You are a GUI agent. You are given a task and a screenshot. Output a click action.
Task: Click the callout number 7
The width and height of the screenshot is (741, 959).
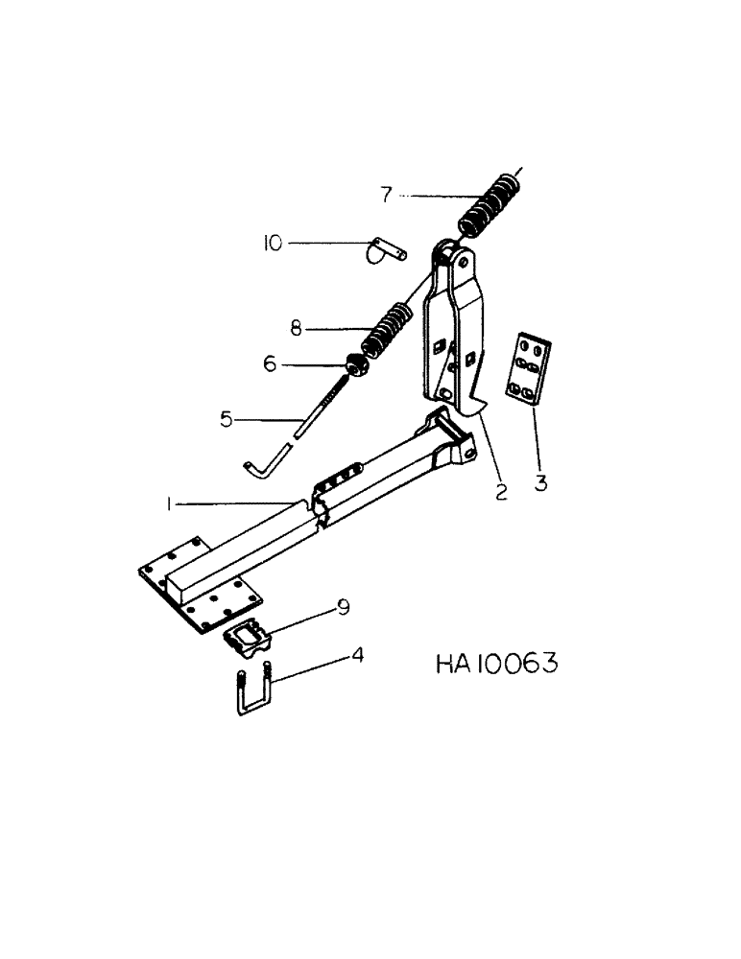[385, 195]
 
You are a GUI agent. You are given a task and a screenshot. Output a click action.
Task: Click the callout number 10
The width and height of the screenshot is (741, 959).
[274, 245]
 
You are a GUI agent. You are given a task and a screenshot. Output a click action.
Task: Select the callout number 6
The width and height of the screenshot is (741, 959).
[270, 363]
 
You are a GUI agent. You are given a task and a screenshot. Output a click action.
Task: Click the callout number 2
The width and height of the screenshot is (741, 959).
[500, 493]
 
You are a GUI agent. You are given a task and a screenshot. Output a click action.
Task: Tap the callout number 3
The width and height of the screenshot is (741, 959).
[540, 483]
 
